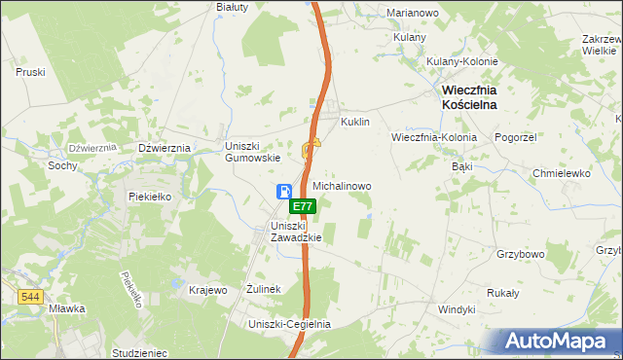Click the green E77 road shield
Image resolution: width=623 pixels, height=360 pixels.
(303, 206)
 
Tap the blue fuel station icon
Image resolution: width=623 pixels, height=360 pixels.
(283, 192)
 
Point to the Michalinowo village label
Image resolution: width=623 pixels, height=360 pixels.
(342, 185)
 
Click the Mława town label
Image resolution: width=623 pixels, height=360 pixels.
(67, 308)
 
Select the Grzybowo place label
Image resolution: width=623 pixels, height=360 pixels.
(520, 254)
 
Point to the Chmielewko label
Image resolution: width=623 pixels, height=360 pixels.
(562, 173)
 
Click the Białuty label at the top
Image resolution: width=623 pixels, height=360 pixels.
(233, 6)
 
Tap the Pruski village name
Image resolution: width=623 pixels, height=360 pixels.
(31, 72)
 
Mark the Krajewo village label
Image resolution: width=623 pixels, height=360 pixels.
(207, 290)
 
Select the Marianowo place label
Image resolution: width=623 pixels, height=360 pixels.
(413, 13)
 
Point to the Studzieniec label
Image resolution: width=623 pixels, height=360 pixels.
(140, 352)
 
